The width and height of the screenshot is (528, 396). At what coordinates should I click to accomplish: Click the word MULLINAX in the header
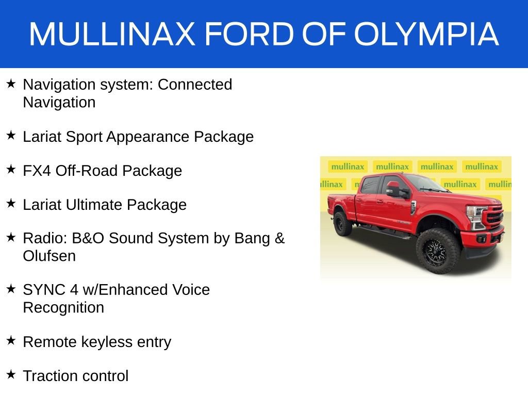coord(112,34)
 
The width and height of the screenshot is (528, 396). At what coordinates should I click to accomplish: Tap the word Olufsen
coord(49,256)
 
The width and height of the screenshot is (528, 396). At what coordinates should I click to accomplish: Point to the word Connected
coord(195,85)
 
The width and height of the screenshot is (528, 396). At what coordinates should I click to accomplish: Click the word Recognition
coord(63,308)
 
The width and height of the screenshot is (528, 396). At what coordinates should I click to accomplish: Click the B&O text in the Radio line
coord(81,239)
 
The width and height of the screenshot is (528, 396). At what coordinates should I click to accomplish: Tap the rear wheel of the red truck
coord(342,223)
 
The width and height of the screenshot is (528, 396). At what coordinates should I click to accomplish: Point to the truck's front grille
coord(493,216)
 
